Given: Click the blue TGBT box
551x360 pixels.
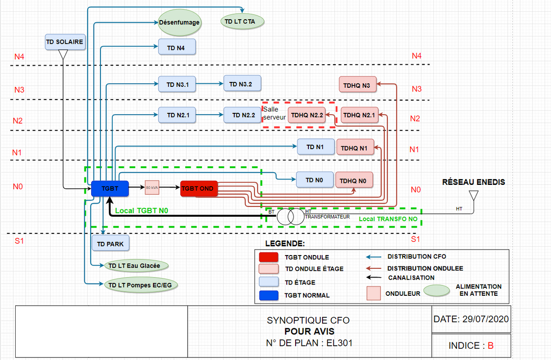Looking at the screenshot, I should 110,188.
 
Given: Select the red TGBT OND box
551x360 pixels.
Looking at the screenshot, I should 199,188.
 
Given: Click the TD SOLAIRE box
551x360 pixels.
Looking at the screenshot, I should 65,42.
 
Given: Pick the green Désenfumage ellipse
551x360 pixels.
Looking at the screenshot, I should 180,22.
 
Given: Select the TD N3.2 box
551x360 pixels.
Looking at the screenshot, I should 242,84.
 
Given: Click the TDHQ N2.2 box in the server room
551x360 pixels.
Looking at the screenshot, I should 307,116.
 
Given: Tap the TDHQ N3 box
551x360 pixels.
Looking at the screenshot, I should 358,85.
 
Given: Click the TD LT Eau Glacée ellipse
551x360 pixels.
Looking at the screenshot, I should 136,265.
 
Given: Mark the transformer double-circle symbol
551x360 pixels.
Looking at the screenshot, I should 290,216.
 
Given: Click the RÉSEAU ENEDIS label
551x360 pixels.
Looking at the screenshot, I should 474,182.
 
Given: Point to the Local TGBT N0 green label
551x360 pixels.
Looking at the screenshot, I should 142,210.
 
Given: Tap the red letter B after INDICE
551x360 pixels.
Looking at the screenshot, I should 491,345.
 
